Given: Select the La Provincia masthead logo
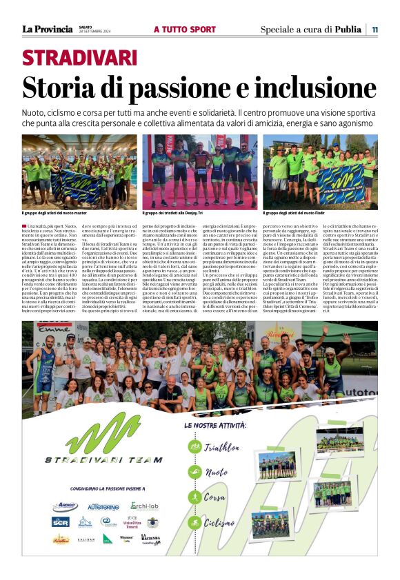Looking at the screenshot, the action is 47,29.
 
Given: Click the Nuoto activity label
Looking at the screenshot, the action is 217,473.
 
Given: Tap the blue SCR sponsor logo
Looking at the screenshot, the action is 60,521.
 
